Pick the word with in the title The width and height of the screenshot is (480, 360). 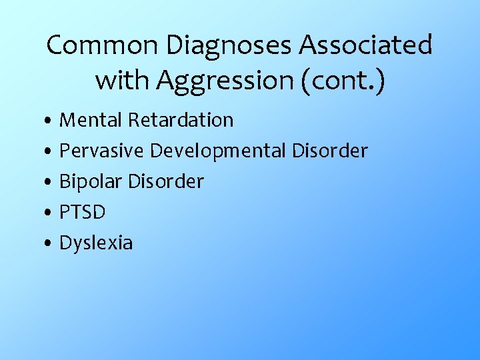pos(122,80)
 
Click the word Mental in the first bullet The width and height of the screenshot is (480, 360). pos(91,120)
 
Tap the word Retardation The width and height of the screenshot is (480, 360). pos(181,120)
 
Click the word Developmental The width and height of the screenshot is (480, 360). pos(218,151)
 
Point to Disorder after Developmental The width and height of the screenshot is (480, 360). pos(330,151)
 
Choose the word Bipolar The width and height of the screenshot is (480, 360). pos(90,181)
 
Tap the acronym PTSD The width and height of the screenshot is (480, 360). pos(83,212)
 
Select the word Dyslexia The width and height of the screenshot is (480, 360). pos(96,243)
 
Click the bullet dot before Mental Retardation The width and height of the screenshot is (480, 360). pos(51,122)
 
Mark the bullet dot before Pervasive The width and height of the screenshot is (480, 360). pos(51,153)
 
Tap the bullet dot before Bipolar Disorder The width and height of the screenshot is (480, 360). pos(51,183)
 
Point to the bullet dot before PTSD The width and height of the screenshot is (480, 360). pos(51,214)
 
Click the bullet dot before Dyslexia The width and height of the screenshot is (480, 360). pos(51,245)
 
